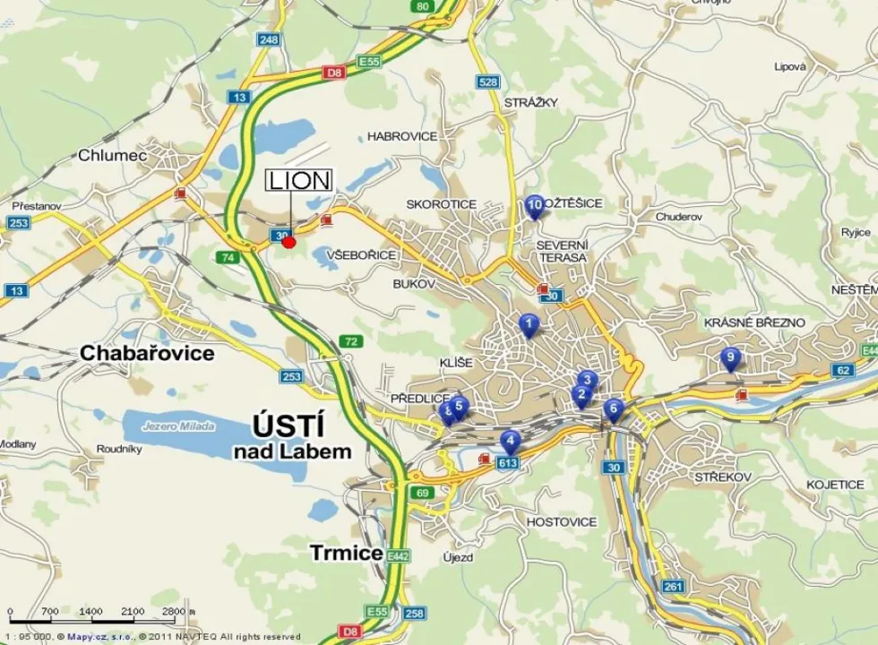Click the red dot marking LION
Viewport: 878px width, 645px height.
[288, 241]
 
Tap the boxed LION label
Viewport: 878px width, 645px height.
[299, 180]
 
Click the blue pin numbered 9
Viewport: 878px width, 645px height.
[730, 358]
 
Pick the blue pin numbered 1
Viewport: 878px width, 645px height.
[529, 324]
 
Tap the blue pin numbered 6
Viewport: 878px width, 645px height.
[613, 409]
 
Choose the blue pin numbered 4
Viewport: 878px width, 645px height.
[510, 441]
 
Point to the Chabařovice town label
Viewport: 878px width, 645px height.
[147, 353]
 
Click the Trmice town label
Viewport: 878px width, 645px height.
[347, 553]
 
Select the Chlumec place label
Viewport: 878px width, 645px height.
[112, 155]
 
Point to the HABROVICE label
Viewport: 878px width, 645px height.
[402, 136]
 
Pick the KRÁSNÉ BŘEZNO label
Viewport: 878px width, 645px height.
[754, 322]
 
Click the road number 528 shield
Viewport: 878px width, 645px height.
[487, 82]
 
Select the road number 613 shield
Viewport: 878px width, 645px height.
[507, 462]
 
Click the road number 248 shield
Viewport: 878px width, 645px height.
[268, 39]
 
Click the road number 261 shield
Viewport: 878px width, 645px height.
[673, 586]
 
